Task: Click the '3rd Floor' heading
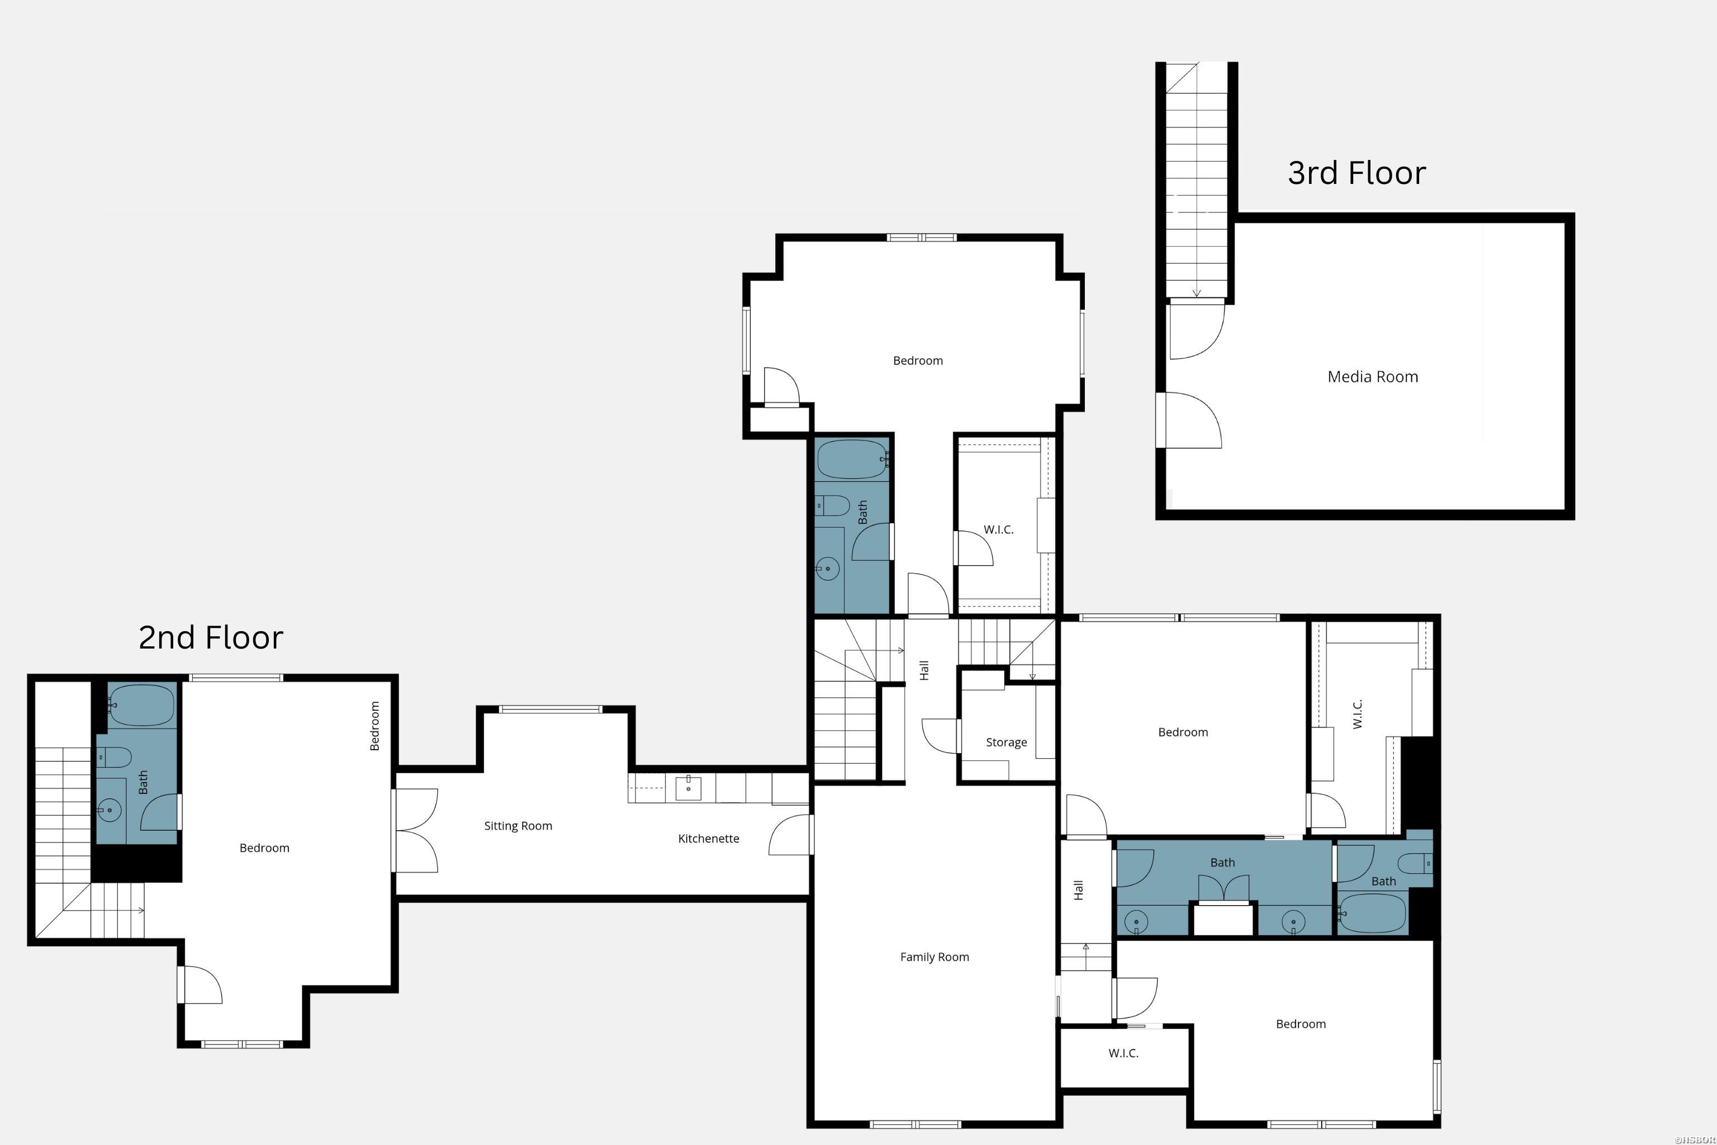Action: [x=1356, y=174]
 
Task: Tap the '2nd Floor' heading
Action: [x=210, y=637]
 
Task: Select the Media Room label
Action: [x=1373, y=377]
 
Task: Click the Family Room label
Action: [x=935, y=957]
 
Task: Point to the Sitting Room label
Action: [x=518, y=826]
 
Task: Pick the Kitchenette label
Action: [x=708, y=838]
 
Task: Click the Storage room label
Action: [x=1006, y=742]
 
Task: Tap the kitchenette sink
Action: [x=687, y=788]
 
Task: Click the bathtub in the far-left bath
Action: [x=141, y=704]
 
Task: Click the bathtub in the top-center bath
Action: [x=851, y=460]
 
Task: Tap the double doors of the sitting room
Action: [x=416, y=830]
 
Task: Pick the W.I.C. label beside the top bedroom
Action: [x=998, y=529]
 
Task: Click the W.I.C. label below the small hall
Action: [x=1123, y=1053]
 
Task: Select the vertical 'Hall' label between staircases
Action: [x=924, y=670]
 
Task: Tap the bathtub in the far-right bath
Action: [x=1373, y=913]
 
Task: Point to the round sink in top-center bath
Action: [x=827, y=568]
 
